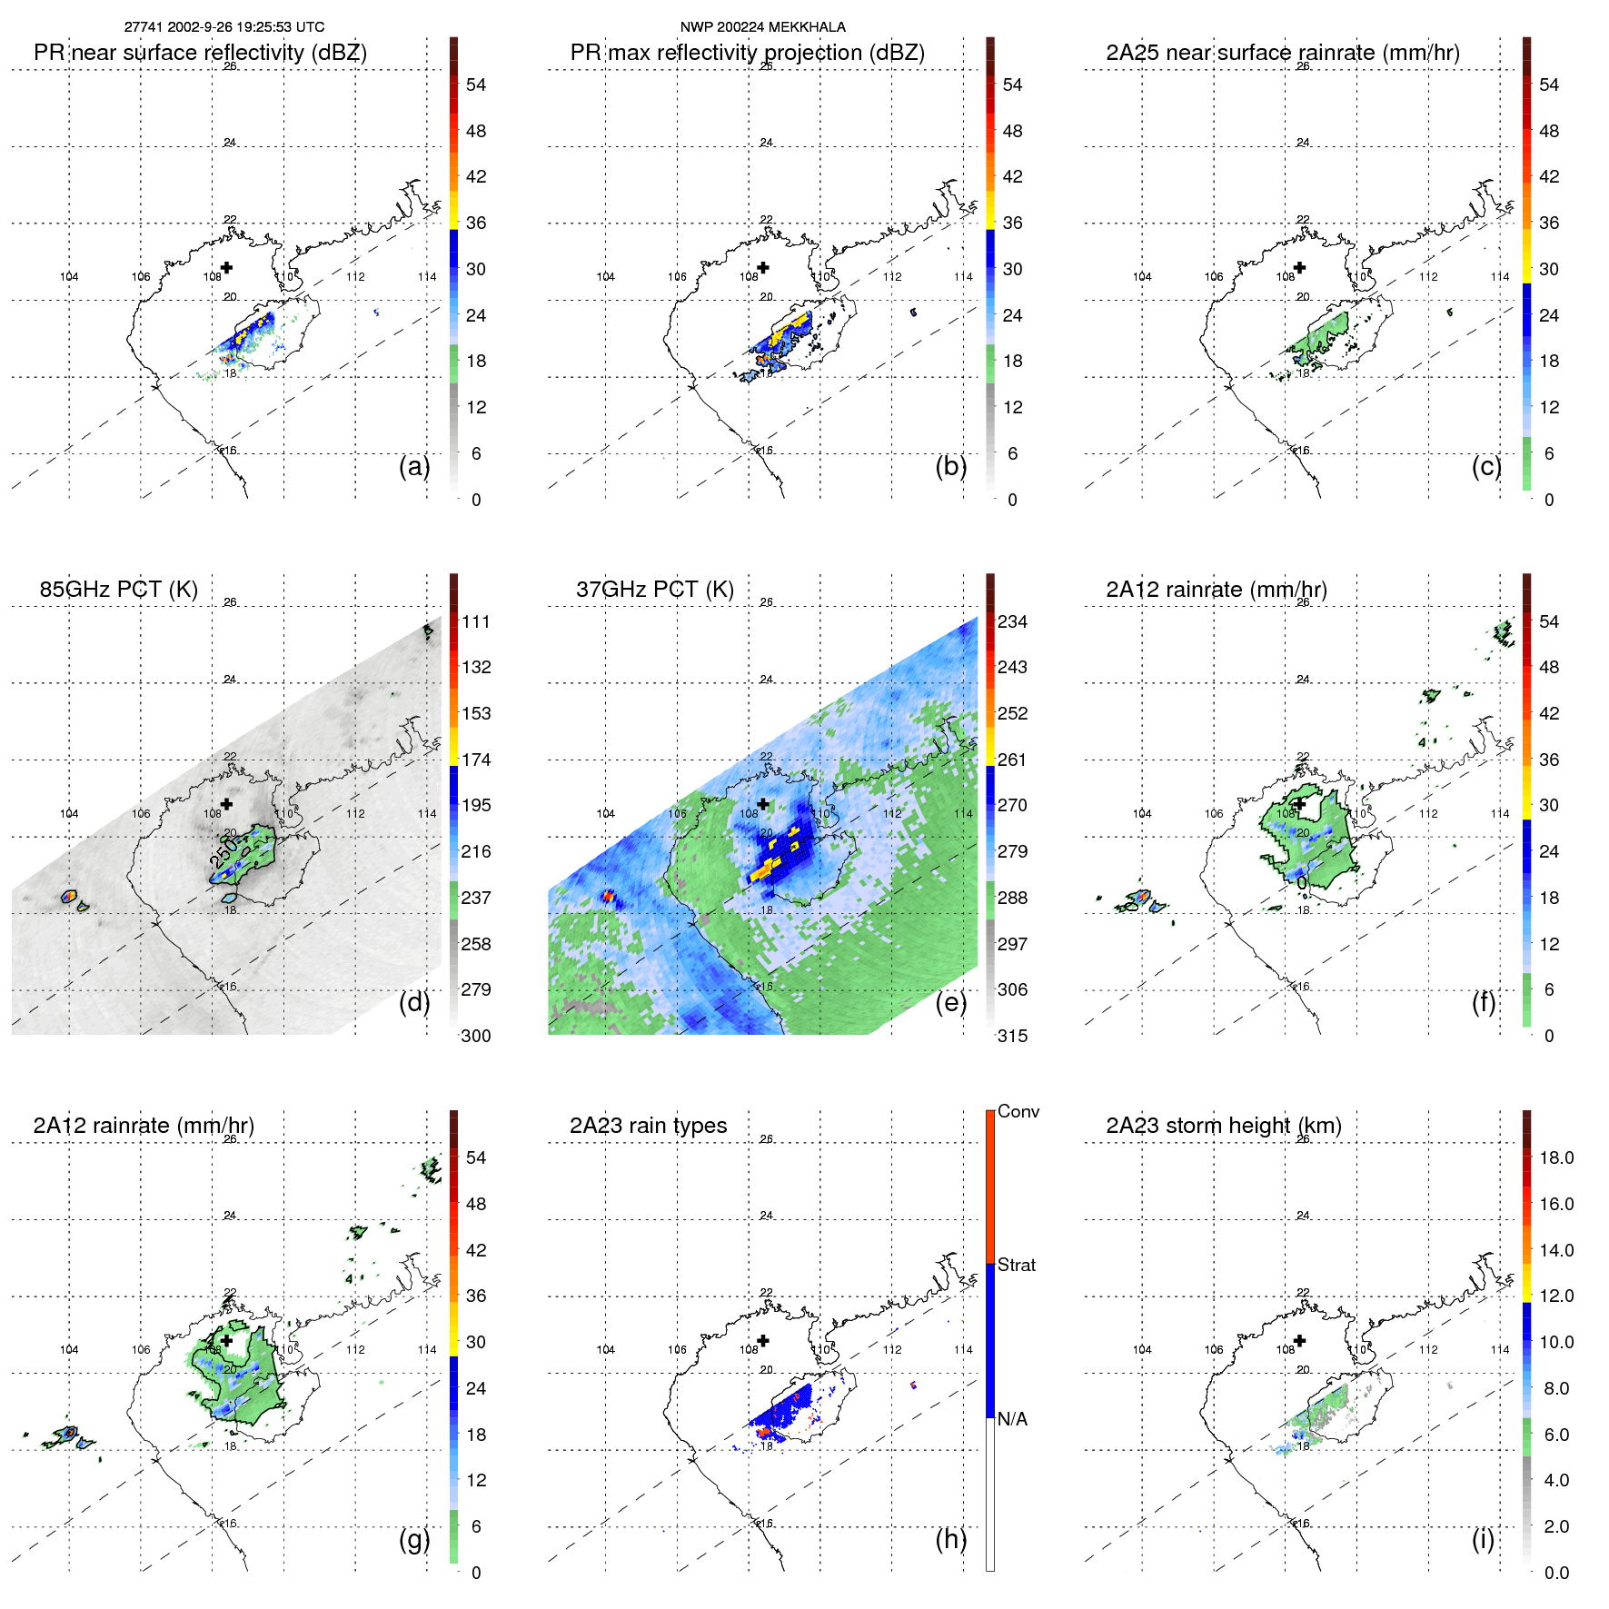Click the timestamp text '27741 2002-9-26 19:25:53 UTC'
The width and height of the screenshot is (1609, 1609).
tap(224, 27)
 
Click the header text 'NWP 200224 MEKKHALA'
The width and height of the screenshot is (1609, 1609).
tap(762, 27)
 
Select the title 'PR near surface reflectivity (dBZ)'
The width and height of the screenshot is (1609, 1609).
tap(200, 53)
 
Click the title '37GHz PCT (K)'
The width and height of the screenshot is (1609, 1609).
tap(654, 590)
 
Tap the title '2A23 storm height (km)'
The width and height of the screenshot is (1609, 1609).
tap(1223, 1126)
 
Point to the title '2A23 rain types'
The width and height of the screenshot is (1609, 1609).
tap(648, 1126)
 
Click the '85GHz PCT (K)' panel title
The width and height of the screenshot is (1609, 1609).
tap(118, 590)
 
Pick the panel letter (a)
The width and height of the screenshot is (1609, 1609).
tap(414, 466)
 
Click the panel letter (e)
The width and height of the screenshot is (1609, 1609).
tap(950, 1002)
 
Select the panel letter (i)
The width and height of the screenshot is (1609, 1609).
tap(1483, 1539)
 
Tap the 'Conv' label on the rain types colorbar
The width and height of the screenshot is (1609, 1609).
tap(1018, 1111)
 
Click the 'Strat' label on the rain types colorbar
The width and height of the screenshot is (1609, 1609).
tap(1016, 1265)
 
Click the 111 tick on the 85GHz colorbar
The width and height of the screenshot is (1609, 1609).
tap(476, 622)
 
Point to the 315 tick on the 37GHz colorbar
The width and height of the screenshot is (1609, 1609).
tap(1012, 1036)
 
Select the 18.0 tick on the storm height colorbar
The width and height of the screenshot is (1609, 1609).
tap(1555, 1158)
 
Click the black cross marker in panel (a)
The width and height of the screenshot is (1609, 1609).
tap(227, 267)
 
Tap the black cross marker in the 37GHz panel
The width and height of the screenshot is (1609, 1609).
tap(763, 803)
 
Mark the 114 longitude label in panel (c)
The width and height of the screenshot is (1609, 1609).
tap(1499, 277)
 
